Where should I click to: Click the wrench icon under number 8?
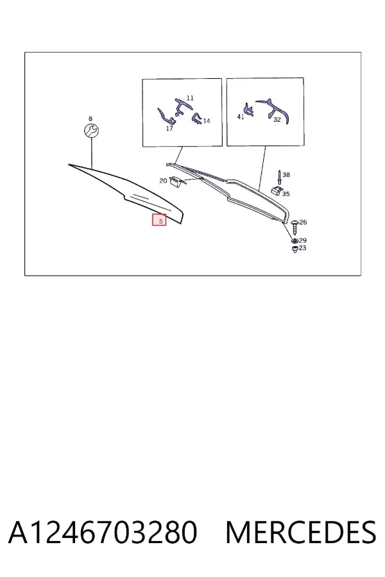click(90, 130)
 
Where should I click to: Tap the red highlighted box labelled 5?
click(159, 220)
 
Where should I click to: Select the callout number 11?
click(190, 98)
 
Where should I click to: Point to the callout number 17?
click(169, 128)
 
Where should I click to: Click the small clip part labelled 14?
click(196, 118)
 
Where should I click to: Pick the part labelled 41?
click(249, 110)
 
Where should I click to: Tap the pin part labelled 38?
click(280, 178)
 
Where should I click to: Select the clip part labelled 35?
click(277, 190)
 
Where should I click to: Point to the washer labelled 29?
click(295, 240)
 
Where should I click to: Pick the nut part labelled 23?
click(295, 250)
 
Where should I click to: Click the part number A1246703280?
click(103, 532)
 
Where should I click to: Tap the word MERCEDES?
click(301, 532)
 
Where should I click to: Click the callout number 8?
click(90, 119)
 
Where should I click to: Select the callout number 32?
click(277, 120)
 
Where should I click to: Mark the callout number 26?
click(304, 222)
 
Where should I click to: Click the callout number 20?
click(163, 181)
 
